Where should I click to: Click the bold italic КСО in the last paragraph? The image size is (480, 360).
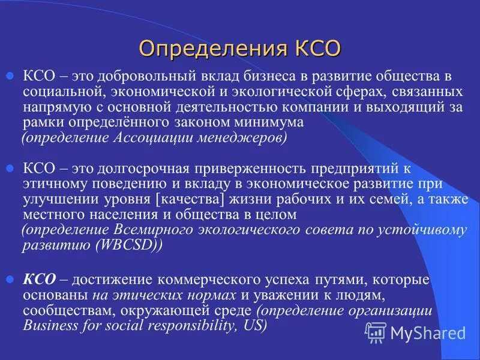coord(40,280)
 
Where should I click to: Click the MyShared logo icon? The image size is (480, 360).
coord(376,332)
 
